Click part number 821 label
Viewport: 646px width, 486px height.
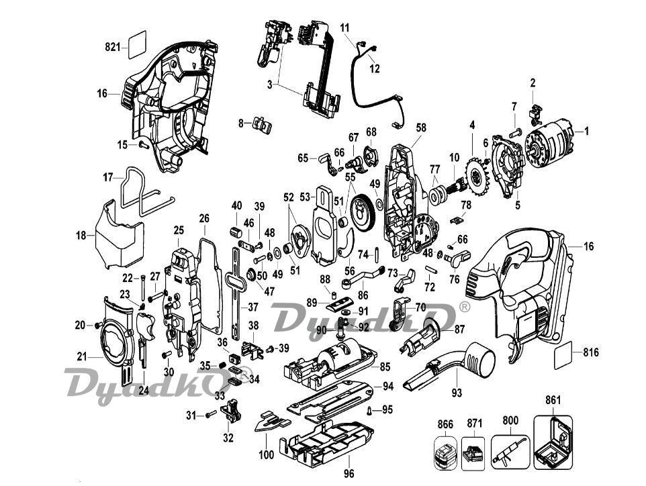111,47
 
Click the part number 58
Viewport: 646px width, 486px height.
421,126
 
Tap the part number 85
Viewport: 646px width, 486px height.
385,367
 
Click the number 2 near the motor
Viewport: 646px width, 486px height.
533,83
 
